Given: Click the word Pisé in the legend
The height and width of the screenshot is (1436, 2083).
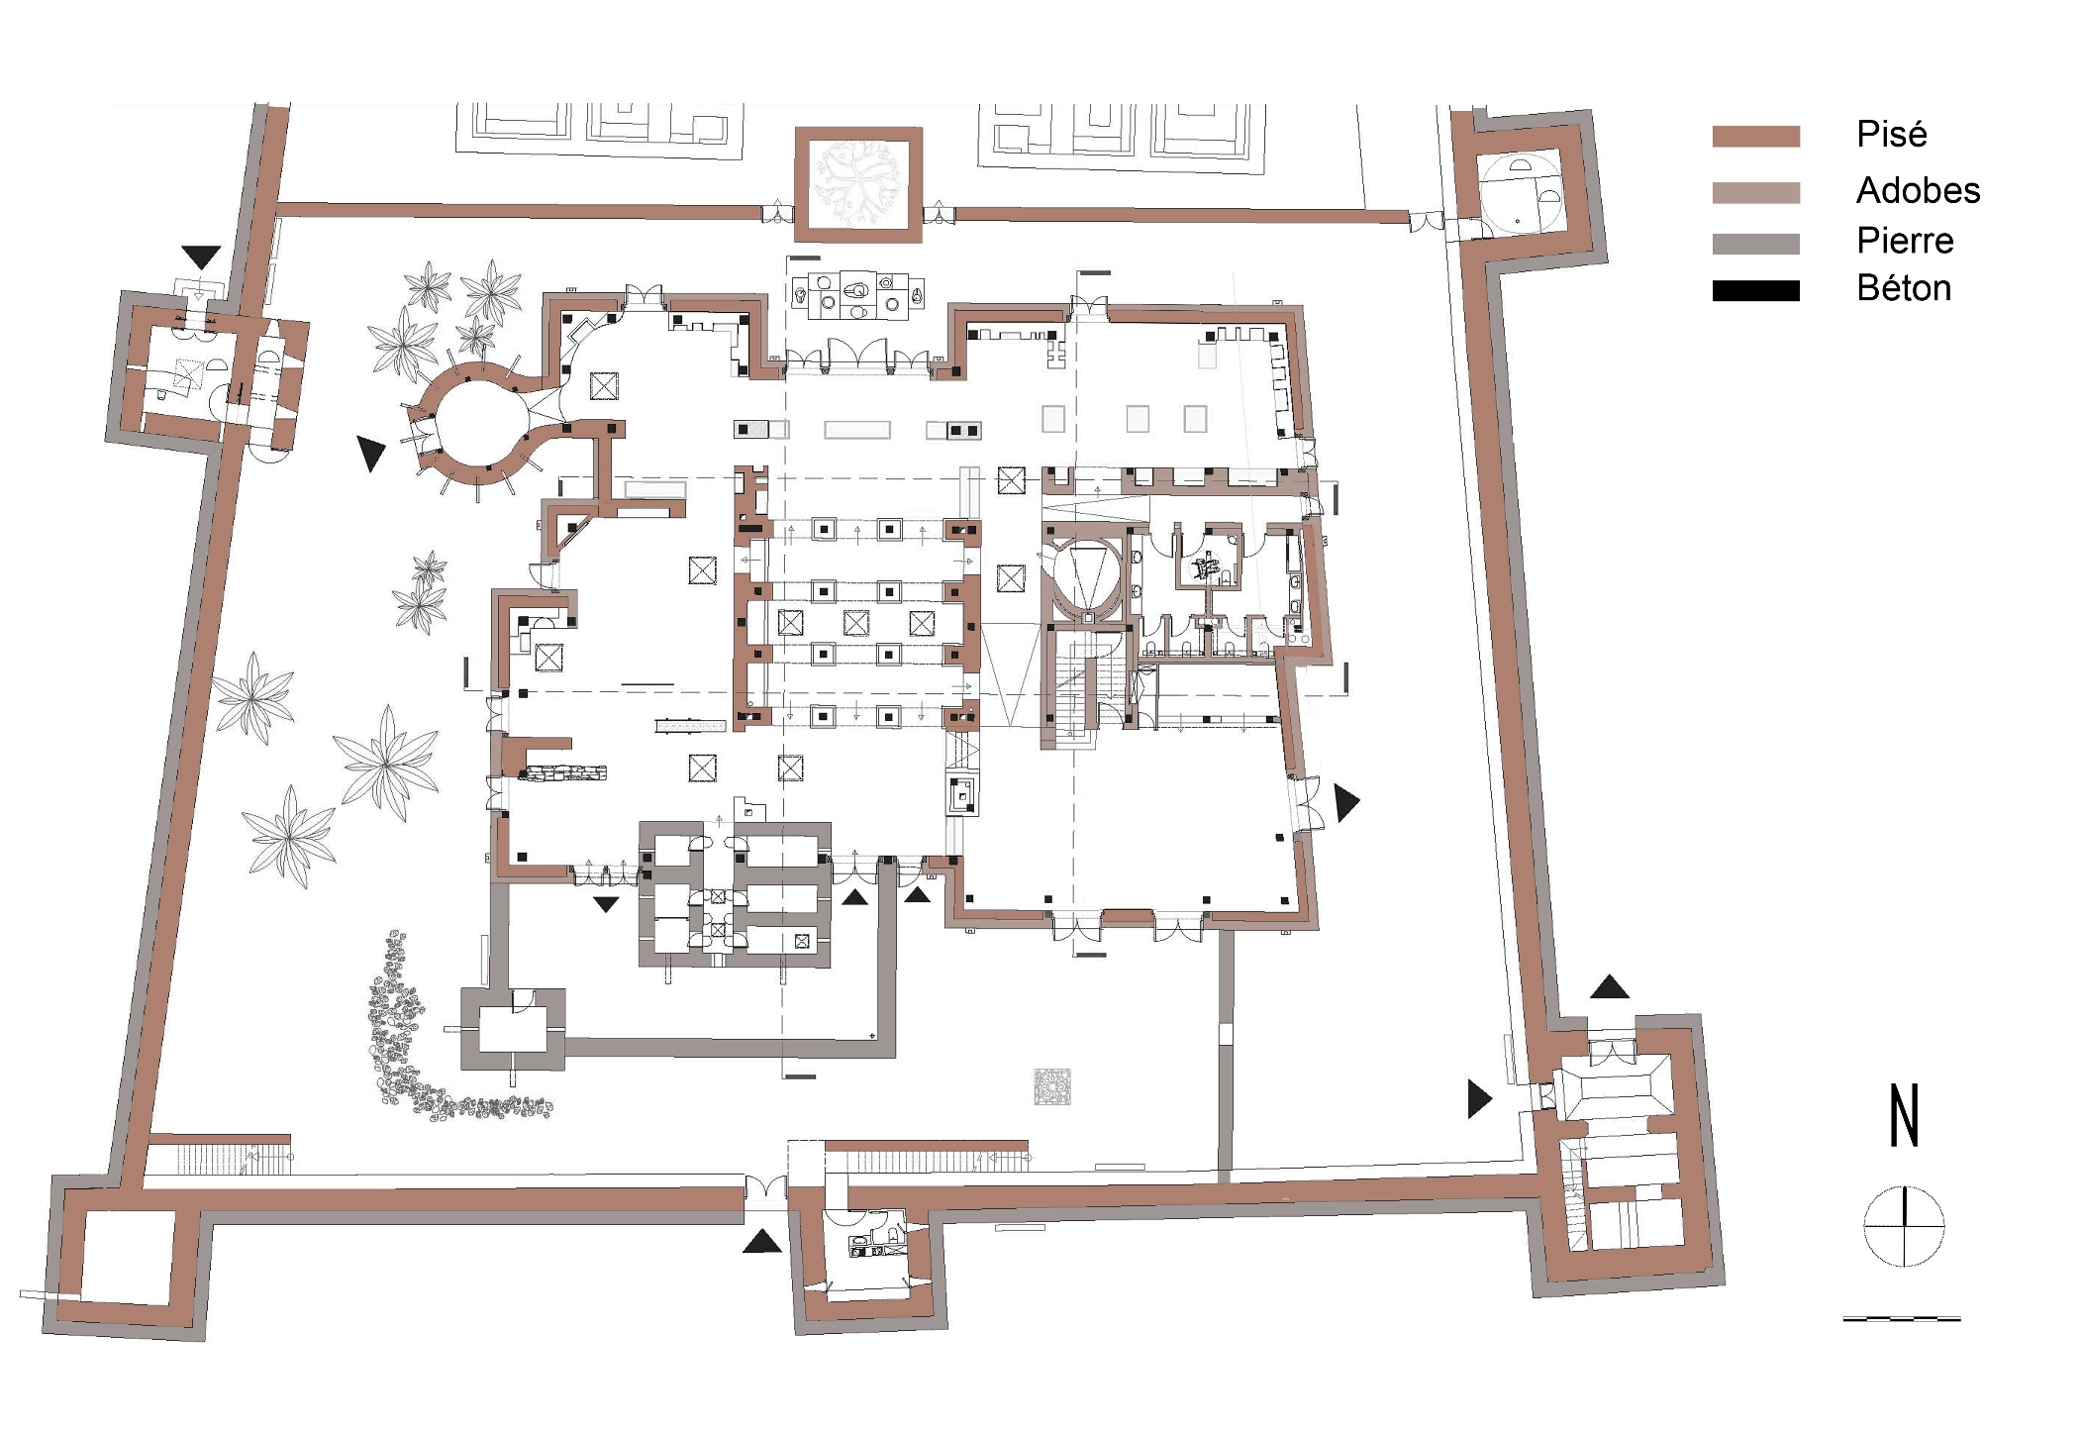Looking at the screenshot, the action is (x=1891, y=134).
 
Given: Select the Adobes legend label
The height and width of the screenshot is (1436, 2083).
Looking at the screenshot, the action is (x=1918, y=189).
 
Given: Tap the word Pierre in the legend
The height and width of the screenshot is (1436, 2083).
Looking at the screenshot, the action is (x=1905, y=240).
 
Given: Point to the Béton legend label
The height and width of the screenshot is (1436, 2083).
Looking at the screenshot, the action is (x=1904, y=288).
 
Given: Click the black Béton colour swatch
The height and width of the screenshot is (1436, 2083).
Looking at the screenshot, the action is (x=1755, y=290).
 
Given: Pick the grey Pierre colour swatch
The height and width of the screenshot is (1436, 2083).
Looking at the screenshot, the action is (x=1755, y=244).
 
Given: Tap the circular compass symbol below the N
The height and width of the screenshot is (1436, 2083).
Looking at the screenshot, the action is (x=1904, y=1226).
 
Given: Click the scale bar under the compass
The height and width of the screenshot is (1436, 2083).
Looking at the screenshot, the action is (x=1901, y=1318).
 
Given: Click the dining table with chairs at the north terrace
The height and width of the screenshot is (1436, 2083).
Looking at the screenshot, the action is (x=857, y=295).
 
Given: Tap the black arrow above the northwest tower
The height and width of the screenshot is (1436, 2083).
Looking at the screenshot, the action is (x=201, y=256).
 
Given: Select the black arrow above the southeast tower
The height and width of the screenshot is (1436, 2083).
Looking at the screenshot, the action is (x=1609, y=986).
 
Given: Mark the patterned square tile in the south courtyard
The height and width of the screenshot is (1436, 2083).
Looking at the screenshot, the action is (x=1052, y=1086).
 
